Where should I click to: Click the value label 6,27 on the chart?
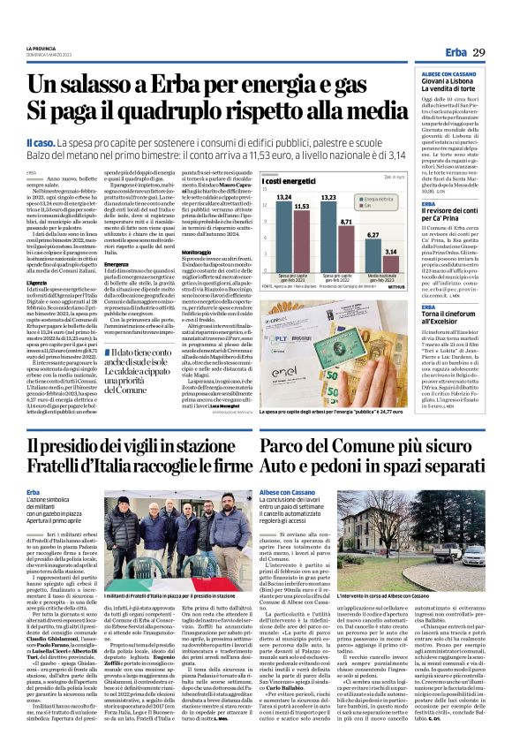coord(373,234)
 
